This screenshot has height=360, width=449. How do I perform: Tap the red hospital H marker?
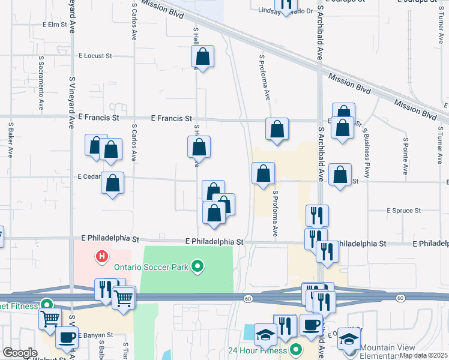102,257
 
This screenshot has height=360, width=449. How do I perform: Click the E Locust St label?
95,56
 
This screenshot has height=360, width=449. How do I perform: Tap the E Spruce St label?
404,211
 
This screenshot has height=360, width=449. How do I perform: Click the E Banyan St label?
95,335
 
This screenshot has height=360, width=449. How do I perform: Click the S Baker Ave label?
11,140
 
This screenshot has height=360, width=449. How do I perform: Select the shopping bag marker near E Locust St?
203,57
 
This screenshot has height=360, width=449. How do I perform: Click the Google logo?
20,353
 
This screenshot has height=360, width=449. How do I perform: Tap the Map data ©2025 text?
423,355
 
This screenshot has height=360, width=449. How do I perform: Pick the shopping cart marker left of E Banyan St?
50,319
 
